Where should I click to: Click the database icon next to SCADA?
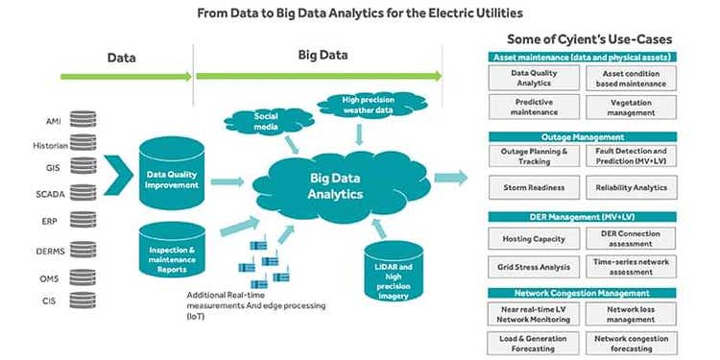pos(84,193)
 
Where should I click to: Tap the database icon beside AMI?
pos(84,119)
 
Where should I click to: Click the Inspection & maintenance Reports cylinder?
pos(172,251)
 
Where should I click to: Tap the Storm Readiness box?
pos(534,187)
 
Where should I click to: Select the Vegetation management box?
pos(631,108)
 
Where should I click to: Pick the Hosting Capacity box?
pos(534,239)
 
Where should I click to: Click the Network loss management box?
pos(631,315)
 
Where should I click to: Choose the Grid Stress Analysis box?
pos(534,267)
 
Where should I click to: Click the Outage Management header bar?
pos(583,137)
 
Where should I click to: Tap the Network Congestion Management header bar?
pos(583,293)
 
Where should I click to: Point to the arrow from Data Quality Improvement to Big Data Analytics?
pos(228,181)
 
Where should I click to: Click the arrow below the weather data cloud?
pos(360,134)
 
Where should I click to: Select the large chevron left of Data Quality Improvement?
pos(118,176)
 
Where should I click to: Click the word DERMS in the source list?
pos(51,252)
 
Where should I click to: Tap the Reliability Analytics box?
pos(631,187)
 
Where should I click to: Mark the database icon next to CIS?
pos(84,300)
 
